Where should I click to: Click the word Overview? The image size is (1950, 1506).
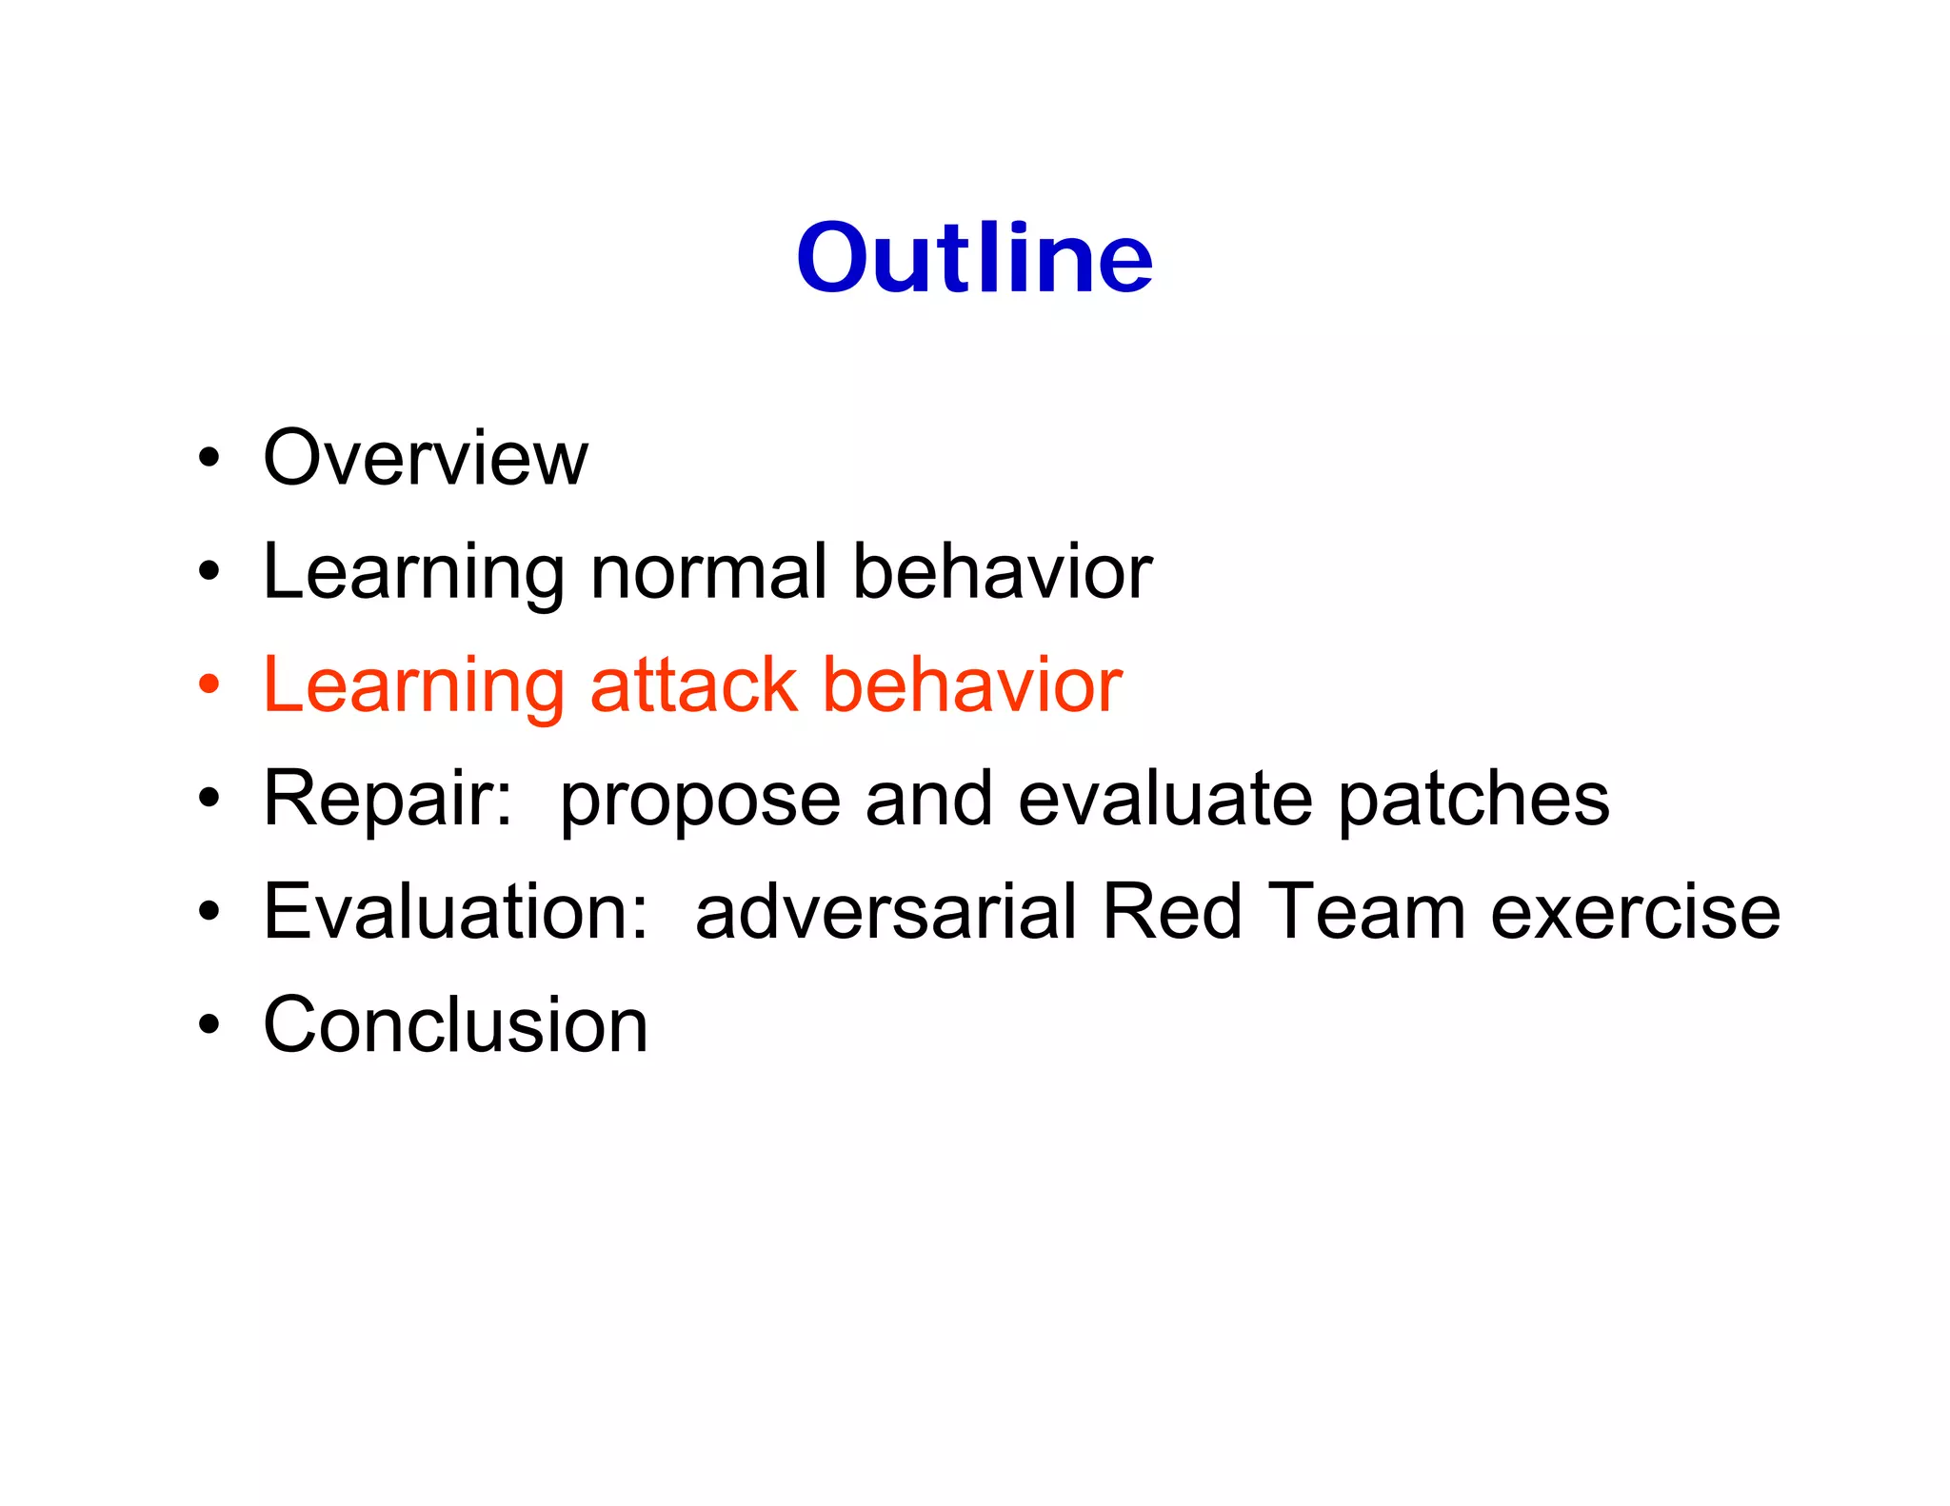(426, 458)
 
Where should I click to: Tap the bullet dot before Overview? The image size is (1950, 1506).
(209, 459)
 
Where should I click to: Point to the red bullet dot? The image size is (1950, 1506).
(209, 684)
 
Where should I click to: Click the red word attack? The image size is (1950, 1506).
(693, 684)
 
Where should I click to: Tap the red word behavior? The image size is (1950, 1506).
(971, 684)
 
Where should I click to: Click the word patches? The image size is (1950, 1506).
(1473, 798)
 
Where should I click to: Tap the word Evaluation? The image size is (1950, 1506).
(455, 911)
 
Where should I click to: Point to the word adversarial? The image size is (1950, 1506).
(885, 911)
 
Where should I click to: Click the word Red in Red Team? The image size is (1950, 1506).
(1171, 911)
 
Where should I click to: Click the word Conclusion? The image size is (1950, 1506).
(455, 1024)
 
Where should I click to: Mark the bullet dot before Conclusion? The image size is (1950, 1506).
(209, 1024)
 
